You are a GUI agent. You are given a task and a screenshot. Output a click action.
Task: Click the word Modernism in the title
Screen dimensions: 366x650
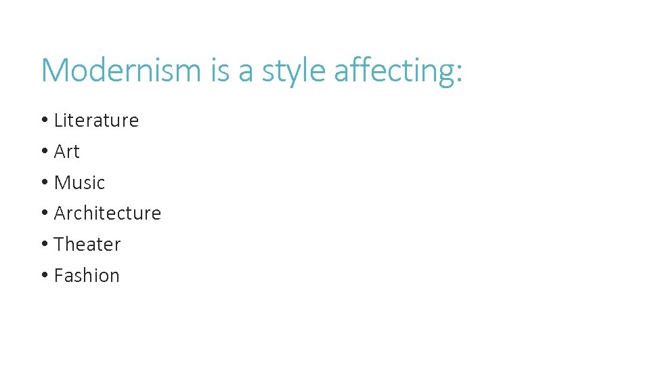(121, 70)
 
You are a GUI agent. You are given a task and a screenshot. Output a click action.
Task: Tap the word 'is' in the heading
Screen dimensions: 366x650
(221, 70)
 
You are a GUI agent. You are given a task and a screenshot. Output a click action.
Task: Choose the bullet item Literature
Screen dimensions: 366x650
(96, 121)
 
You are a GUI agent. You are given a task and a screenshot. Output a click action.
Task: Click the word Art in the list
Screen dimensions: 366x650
(66, 152)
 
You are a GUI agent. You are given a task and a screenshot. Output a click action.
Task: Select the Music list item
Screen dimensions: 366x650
(79, 182)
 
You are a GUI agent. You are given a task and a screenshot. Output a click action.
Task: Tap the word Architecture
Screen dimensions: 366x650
(107, 213)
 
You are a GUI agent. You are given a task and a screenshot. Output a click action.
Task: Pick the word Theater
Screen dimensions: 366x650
(87, 244)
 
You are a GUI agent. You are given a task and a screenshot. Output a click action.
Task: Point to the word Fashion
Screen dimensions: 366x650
(87, 275)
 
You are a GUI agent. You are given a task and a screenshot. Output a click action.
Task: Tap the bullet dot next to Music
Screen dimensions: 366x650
(44, 183)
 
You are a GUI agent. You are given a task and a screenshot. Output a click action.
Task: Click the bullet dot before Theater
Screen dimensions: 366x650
(44, 245)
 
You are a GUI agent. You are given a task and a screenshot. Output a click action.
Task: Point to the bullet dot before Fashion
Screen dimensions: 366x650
(44, 276)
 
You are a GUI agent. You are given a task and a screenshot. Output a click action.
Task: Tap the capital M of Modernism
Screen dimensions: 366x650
(56, 70)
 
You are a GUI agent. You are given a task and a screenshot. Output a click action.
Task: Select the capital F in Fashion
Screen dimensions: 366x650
(59, 275)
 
